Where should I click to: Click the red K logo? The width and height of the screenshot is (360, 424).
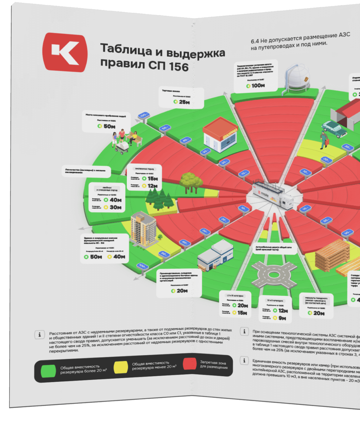point(65,53)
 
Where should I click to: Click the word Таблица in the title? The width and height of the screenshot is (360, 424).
point(126,49)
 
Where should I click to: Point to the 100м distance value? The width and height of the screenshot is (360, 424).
point(258,85)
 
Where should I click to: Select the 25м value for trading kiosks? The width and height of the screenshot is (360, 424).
point(184,102)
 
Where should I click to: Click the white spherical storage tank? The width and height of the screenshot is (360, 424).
point(297,77)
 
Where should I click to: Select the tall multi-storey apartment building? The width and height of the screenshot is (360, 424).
point(143,228)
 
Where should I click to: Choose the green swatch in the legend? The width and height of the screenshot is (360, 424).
point(48,371)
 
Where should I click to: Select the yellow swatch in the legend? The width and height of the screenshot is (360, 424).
point(121,367)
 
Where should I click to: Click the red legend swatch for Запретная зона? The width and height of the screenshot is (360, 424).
point(190,364)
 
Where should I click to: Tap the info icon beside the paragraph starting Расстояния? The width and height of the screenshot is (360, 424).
point(39,335)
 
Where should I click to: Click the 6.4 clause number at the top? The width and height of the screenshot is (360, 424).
point(255,41)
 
